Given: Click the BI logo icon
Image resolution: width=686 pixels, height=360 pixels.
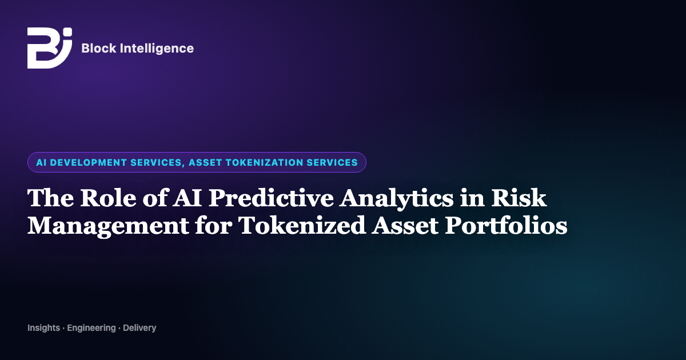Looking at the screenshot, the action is pos(50,48).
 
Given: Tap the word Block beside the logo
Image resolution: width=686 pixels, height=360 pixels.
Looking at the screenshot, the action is pos(99,49).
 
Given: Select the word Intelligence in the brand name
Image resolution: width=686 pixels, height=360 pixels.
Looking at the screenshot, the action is pos(157,49).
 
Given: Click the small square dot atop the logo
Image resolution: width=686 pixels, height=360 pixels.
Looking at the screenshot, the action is pos(68,32).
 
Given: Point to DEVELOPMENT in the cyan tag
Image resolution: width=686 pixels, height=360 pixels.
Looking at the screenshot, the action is pos(89,162).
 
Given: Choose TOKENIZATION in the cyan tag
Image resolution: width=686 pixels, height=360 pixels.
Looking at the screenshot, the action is pos(265,162).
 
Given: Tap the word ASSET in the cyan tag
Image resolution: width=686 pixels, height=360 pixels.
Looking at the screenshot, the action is pos(205,162).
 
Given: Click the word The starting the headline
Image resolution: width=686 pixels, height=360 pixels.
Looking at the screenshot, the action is pos(50,198).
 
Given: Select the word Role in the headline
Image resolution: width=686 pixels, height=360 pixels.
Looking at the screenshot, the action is pos(108,198).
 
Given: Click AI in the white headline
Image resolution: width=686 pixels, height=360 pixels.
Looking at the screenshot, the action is pos(187,198).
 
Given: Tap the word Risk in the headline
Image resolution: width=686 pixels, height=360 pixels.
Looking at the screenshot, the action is pos(519,198).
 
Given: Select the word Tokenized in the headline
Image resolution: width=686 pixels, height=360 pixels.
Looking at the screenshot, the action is pos(302,225).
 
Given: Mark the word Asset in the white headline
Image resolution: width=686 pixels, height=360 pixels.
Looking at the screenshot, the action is pos(405,226).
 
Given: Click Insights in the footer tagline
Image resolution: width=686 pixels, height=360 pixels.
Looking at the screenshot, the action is pos(44,328).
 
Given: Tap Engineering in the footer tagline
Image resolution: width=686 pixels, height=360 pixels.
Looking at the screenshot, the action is pos(91,328).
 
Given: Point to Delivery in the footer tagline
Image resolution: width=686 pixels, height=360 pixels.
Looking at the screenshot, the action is pos(139,328).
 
